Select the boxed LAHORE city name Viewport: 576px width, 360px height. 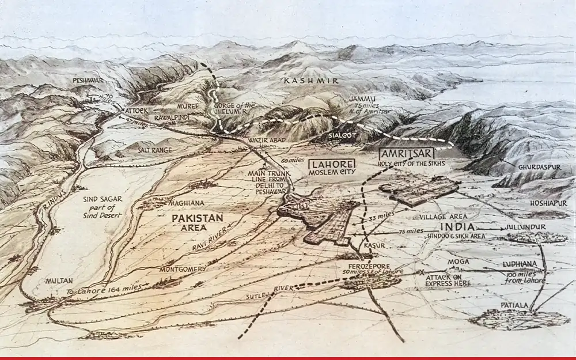[332, 163]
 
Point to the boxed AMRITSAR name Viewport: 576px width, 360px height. [406, 153]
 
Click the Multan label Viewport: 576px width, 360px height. [59, 281]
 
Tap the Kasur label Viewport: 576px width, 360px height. [375, 245]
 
